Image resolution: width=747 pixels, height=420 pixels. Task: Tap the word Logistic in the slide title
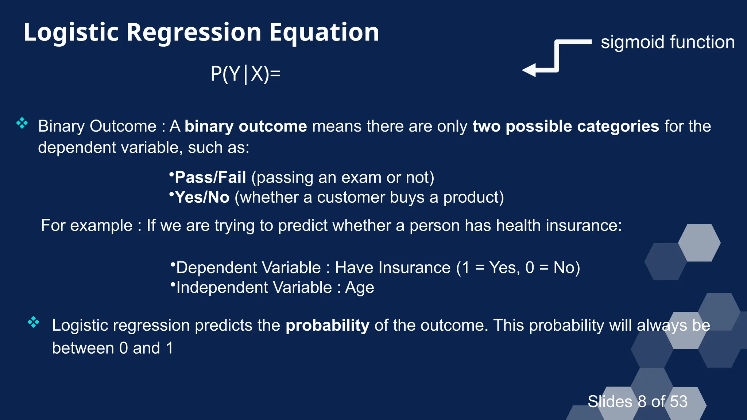[71, 33]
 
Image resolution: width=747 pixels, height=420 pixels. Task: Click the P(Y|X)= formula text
[245, 74]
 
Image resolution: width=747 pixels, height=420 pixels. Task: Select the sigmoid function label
[667, 42]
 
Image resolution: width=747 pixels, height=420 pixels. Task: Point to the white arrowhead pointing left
[529, 70]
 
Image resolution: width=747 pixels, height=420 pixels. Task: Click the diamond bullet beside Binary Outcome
[22, 123]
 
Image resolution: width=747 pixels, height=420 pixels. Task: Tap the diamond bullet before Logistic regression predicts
[34, 322]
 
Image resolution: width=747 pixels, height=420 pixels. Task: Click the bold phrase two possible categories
[565, 126]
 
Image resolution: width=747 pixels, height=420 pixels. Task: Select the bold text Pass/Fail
[210, 178]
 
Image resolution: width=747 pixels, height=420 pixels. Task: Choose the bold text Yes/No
[202, 197]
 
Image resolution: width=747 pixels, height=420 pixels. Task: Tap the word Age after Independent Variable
[359, 288]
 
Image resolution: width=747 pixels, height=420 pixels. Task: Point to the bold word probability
[327, 325]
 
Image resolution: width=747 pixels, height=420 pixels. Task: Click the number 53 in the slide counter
[678, 401]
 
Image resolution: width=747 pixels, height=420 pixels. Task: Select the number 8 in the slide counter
[642, 401]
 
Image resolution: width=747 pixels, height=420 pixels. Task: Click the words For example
[86, 225]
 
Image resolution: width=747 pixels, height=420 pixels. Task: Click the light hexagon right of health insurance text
[699, 243]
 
